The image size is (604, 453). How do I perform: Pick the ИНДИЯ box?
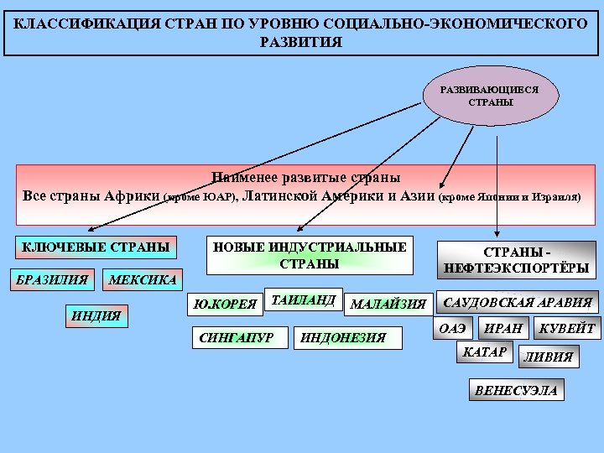click(96, 316)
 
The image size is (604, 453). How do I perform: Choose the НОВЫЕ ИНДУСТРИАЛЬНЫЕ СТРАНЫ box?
click(310, 256)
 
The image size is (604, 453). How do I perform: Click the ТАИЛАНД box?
click(303, 299)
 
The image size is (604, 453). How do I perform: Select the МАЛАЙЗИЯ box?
click(388, 304)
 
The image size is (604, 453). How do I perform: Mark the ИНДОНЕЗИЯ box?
click(346, 337)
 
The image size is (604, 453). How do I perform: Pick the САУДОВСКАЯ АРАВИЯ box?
click(516, 303)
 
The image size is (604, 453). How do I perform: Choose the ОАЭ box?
click(453, 329)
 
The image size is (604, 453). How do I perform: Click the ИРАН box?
click(503, 329)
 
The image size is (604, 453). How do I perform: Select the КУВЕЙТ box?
click(567, 329)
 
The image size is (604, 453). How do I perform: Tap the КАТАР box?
click(485, 352)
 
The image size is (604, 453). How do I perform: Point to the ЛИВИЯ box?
click(549, 357)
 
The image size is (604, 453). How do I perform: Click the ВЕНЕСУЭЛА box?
click(516, 391)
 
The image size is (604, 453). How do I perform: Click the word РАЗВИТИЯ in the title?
click(302, 42)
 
